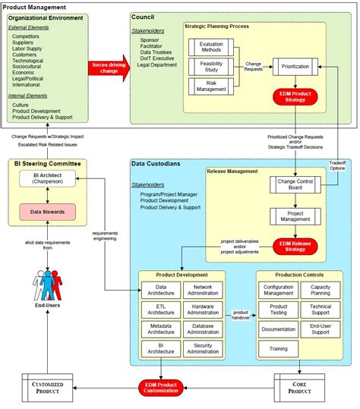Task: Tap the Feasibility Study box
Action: click(x=211, y=68)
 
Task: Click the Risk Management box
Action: click(x=211, y=87)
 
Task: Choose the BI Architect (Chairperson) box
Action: click(x=48, y=179)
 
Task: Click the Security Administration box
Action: click(x=202, y=348)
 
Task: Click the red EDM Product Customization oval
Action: click(x=162, y=388)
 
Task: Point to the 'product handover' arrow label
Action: click(x=240, y=316)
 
